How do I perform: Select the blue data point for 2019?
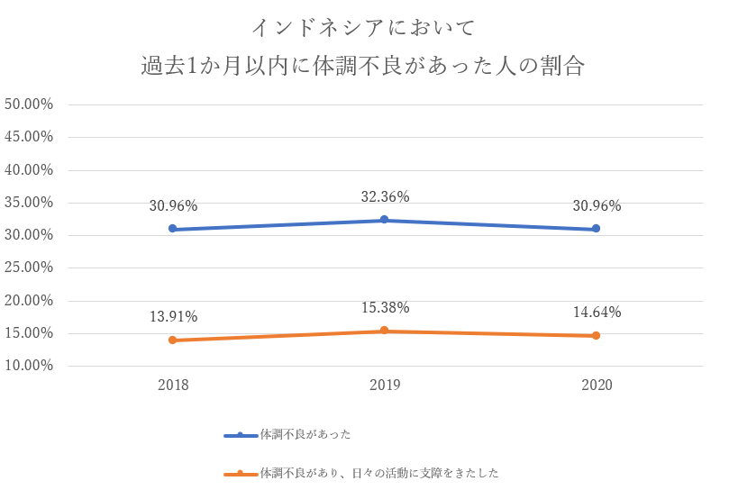(x=385, y=220)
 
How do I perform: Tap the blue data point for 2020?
(x=597, y=229)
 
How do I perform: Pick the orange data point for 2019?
(x=385, y=331)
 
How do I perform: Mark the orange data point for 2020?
(x=597, y=336)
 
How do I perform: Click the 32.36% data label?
(x=385, y=196)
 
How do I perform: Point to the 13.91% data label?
(x=173, y=317)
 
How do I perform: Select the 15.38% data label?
(x=385, y=308)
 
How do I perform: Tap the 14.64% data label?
(x=597, y=313)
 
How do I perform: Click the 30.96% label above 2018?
(x=173, y=205)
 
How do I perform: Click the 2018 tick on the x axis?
(x=173, y=386)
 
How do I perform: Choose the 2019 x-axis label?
(x=385, y=386)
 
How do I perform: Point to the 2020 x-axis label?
(x=597, y=386)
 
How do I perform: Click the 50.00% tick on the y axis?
(x=30, y=104)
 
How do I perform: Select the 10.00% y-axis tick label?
(x=30, y=366)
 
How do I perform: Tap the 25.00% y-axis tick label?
(x=30, y=268)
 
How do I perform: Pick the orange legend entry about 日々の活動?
(x=378, y=472)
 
